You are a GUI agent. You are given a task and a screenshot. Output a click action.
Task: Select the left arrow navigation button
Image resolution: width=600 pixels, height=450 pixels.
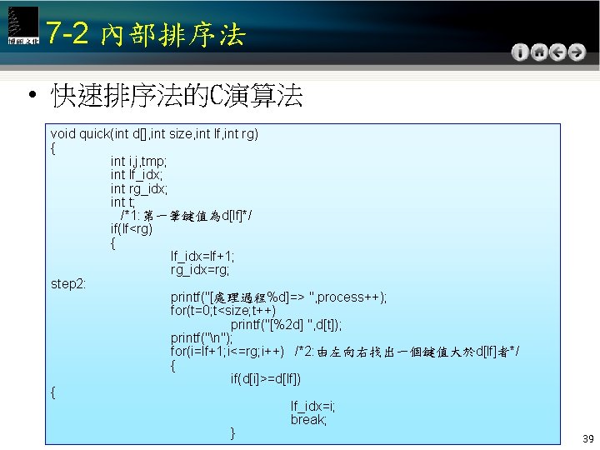[557, 52]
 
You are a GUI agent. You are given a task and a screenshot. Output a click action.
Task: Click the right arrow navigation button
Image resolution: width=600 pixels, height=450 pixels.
[576, 52]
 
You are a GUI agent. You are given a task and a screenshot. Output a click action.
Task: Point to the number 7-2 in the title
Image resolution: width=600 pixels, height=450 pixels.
[67, 33]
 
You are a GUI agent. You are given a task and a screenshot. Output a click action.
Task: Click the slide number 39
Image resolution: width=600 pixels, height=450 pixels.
[587, 438]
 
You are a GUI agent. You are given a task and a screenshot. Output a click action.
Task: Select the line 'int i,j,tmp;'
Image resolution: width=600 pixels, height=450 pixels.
[138, 161]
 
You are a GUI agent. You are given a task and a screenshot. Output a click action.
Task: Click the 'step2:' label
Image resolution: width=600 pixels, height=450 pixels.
[68, 283]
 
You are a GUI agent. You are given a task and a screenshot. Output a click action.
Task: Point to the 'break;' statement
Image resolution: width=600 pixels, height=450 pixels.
[308, 420]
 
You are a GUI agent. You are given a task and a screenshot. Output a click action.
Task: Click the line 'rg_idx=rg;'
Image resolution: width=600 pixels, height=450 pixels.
[200, 270]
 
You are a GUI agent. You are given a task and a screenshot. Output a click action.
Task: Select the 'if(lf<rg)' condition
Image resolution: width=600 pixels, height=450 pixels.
[132, 229]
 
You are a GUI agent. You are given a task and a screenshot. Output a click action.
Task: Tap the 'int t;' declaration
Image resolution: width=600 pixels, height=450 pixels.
[122, 202]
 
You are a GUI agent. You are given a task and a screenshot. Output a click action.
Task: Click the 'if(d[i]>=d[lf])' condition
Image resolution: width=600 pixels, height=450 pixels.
[266, 379]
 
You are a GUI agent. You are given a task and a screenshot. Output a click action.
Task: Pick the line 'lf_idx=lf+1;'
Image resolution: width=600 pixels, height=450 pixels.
[202, 257]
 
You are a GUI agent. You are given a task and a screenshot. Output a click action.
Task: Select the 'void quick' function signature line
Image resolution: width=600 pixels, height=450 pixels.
[154, 133]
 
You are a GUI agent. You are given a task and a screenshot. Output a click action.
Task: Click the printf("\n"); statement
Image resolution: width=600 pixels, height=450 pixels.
[200, 338]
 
